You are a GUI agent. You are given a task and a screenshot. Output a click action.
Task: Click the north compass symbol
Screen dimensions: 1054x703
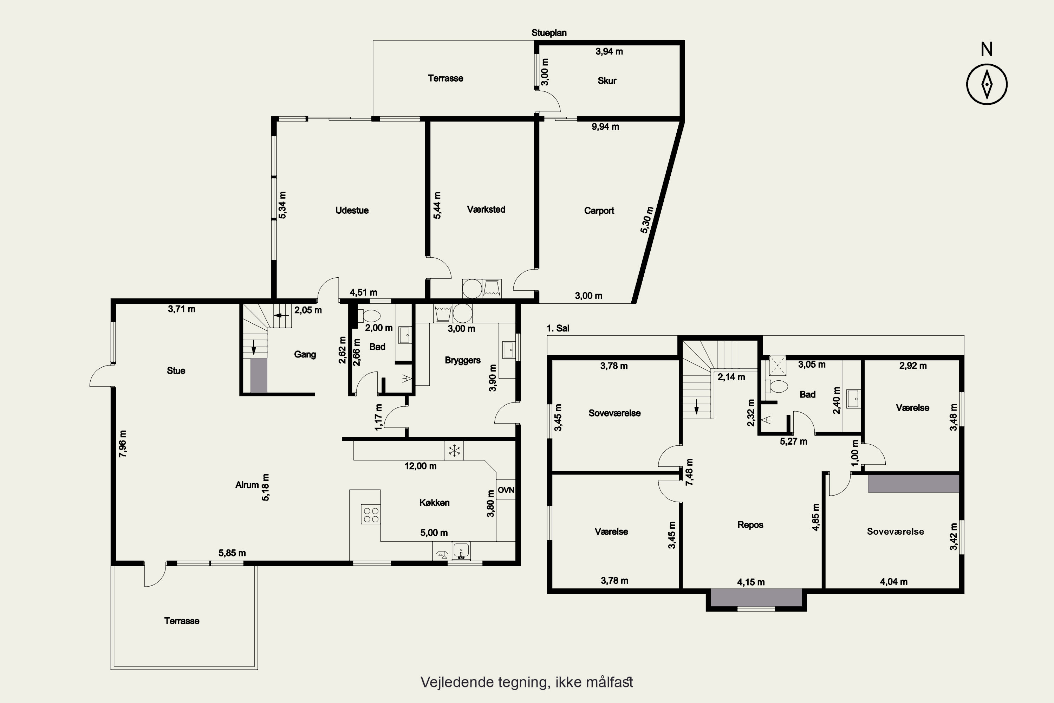pyautogui.click(x=987, y=84)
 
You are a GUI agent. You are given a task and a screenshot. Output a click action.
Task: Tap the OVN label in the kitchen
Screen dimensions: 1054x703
pyautogui.click(x=506, y=490)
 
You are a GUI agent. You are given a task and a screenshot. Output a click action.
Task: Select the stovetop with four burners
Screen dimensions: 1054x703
pyautogui.click(x=371, y=514)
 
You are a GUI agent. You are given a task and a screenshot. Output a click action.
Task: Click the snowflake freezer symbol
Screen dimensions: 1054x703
pyautogui.click(x=454, y=450)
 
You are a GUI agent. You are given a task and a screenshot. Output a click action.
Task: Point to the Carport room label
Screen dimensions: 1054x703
pyautogui.click(x=599, y=211)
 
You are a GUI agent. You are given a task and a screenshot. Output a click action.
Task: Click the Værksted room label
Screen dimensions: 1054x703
pyautogui.click(x=486, y=209)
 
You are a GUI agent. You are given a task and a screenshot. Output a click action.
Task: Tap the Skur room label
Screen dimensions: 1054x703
pyautogui.click(x=607, y=81)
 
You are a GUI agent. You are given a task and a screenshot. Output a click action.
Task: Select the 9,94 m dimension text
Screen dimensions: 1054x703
pyautogui.click(x=605, y=127)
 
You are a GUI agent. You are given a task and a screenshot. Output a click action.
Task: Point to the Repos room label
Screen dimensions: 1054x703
pyautogui.click(x=750, y=525)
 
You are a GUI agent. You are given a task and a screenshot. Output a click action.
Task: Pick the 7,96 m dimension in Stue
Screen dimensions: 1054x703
pyautogui.click(x=123, y=444)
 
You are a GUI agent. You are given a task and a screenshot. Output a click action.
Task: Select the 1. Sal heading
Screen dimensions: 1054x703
pyautogui.click(x=558, y=328)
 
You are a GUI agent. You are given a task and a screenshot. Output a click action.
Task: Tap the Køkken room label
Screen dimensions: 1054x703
pyautogui.click(x=434, y=503)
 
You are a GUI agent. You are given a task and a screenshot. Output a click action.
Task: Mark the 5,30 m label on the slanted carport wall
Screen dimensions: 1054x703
pyautogui.click(x=647, y=220)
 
